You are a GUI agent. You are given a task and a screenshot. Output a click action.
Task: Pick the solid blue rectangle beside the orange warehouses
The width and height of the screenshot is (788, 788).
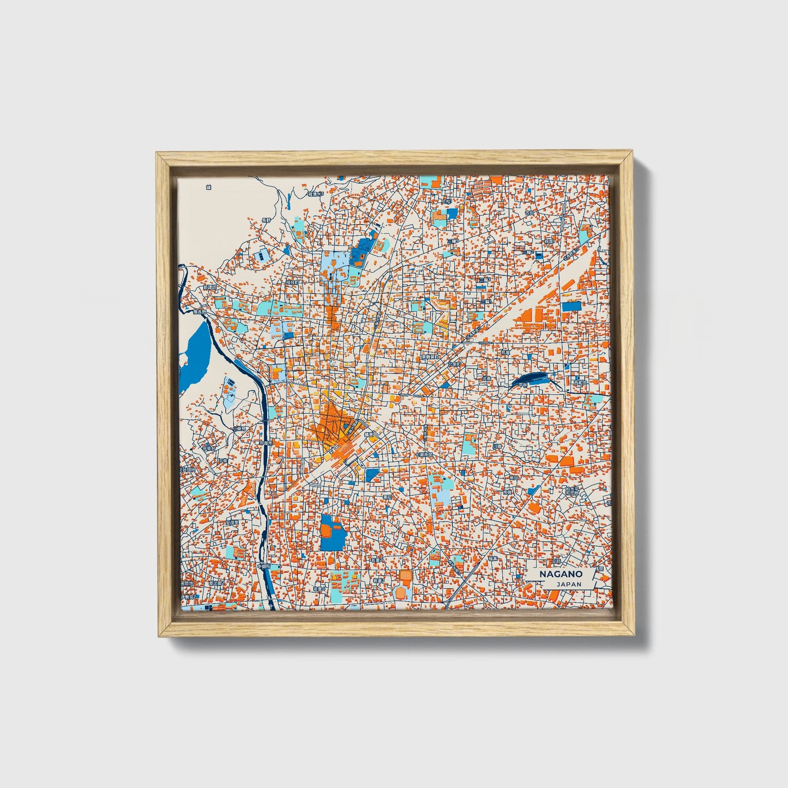(572, 306)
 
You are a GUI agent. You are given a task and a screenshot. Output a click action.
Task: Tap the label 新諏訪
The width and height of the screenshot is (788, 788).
(209, 286)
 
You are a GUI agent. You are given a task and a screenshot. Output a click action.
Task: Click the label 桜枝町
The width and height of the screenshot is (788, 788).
(293, 282)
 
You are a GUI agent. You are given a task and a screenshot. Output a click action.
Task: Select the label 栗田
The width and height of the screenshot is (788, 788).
(388, 497)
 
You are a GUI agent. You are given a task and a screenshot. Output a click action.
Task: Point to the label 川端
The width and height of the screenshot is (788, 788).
(495, 446)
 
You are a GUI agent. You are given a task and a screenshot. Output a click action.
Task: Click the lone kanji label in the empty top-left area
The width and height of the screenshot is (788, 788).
(208, 187)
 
